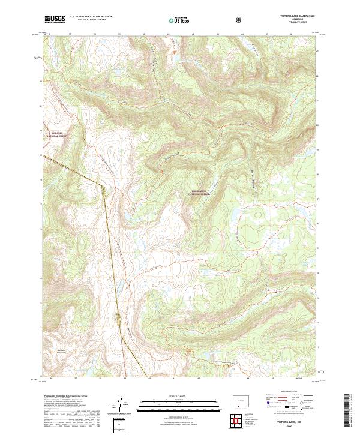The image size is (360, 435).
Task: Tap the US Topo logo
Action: tap(178, 20)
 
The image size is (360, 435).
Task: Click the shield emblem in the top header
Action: tap(240, 20)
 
